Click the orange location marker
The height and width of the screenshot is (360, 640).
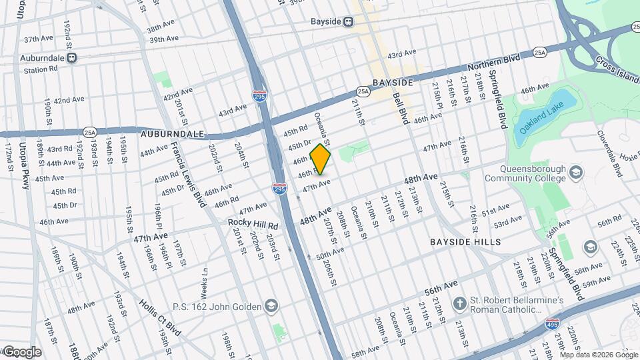321,159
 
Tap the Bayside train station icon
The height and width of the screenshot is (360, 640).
349,21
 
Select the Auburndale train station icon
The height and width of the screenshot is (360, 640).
72,58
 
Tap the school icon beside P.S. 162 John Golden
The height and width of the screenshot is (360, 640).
271,306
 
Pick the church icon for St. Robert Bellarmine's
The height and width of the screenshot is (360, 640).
459,304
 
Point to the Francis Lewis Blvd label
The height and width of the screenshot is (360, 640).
187,175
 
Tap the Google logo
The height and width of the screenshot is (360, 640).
21,352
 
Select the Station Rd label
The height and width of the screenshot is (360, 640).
41,69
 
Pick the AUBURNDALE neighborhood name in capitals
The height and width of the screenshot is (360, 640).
172,134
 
